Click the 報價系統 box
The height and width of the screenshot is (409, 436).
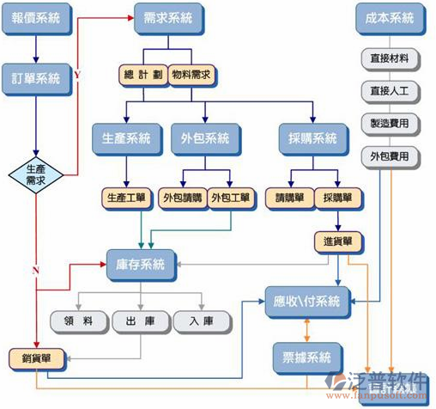click(x=36, y=18)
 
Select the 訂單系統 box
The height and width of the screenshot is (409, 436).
click(x=36, y=78)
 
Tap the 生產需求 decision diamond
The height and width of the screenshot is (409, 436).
click(x=36, y=175)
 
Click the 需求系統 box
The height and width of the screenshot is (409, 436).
click(x=168, y=18)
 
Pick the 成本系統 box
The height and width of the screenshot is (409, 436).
click(x=390, y=18)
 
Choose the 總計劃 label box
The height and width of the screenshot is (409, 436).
click(x=142, y=74)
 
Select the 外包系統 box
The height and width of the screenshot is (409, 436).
click(x=205, y=138)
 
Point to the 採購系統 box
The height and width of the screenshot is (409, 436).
click(x=314, y=138)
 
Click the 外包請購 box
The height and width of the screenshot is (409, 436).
click(x=182, y=197)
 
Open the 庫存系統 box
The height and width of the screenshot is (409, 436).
click(x=141, y=262)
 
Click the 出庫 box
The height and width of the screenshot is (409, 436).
click(x=140, y=321)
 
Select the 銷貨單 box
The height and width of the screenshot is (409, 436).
click(x=31, y=357)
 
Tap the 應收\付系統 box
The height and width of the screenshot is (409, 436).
click(x=307, y=302)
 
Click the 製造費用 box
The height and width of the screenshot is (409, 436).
click(x=390, y=123)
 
